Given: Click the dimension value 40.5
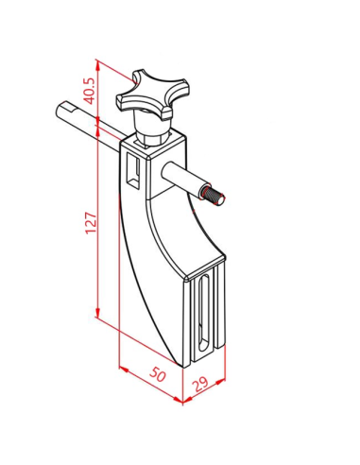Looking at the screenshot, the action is pyautogui.click(x=90, y=91).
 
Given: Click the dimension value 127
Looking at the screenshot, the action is pyautogui.click(x=91, y=223).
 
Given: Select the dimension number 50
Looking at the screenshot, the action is pyautogui.click(x=158, y=374).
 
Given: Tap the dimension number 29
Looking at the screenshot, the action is pyautogui.click(x=200, y=384).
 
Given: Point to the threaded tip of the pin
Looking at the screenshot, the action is pyautogui.click(x=214, y=196).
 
